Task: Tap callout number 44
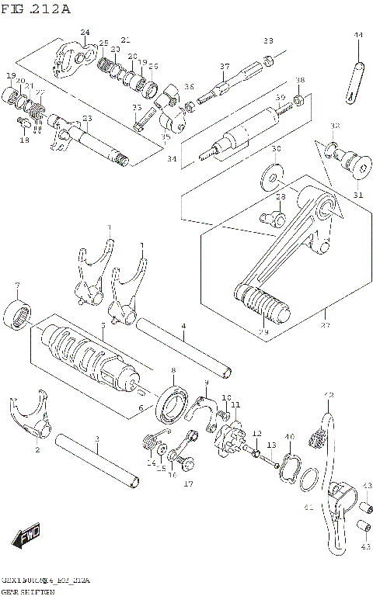[358, 36]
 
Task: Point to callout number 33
[268, 40]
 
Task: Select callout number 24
[85, 32]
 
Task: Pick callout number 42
[328, 396]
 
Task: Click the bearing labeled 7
[18, 314]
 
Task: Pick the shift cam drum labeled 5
[85, 352]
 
